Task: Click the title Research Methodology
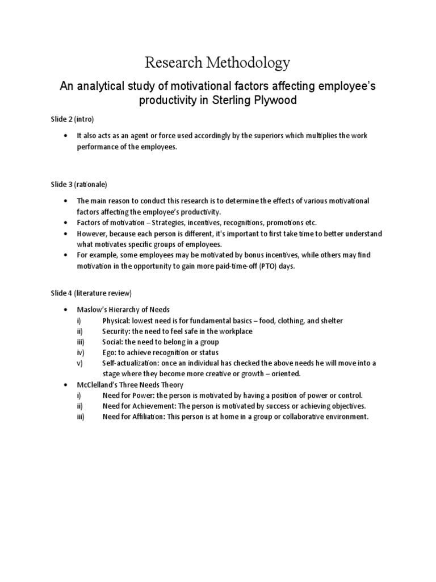pos(217,62)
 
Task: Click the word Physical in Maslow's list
pos(116,321)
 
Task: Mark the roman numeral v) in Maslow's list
pos(80,363)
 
